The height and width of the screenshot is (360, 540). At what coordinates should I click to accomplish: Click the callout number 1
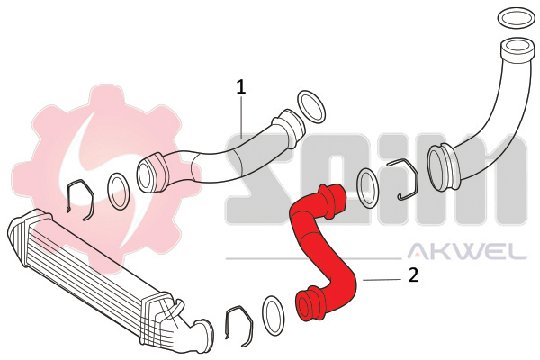coord(241,86)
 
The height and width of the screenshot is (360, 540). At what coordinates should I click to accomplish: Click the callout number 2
coord(413,275)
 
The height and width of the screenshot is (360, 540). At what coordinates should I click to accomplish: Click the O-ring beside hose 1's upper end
coord(310,106)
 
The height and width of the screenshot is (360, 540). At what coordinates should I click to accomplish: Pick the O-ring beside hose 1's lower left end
coord(118,189)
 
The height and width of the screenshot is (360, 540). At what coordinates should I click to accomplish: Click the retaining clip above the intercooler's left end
coord(80,199)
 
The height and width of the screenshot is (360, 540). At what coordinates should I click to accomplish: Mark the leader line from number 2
coord(382,280)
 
